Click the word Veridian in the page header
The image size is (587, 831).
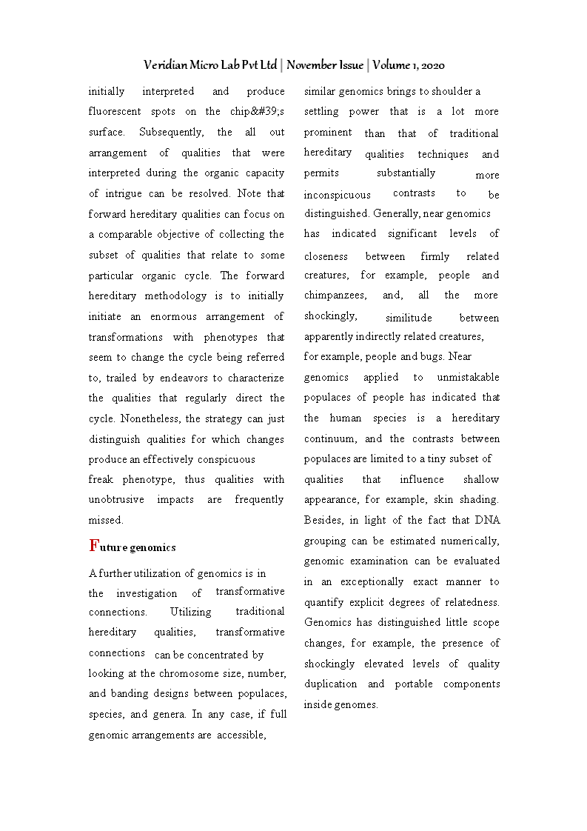166,65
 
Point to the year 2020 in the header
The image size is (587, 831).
431,65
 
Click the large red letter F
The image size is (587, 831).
93,546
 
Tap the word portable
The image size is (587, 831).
412,684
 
